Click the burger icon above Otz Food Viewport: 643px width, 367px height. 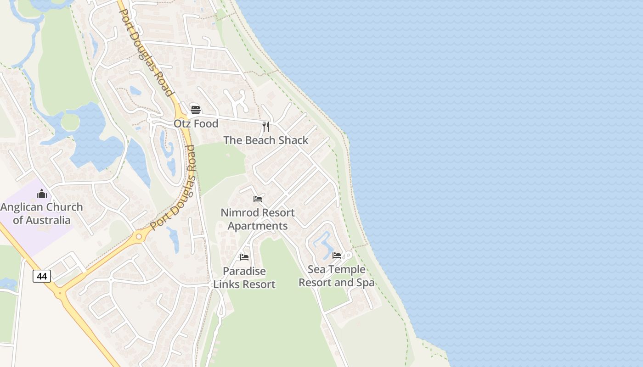click(x=196, y=110)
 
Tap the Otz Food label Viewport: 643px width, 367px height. click(x=196, y=124)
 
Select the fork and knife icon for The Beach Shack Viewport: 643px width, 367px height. click(x=265, y=126)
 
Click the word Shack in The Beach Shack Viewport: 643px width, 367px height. click(x=293, y=140)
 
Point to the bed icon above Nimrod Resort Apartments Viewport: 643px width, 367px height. click(x=258, y=199)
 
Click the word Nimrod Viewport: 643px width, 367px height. click(x=239, y=213)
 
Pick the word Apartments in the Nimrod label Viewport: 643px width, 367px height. click(x=258, y=226)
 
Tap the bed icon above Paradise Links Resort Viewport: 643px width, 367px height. click(x=244, y=257)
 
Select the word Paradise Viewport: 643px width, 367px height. click(x=244, y=271)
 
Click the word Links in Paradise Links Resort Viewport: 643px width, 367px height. click(x=226, y=284)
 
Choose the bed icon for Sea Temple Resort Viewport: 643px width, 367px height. click(x=337, y=256)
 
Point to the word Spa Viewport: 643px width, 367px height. click(x=366, y=283)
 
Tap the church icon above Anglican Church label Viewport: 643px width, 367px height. click(x=42, y=194)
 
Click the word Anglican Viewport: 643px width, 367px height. click(x=21, y=207)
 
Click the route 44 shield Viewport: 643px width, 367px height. click(x=42, y=276)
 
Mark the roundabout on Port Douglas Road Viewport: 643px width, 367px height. click(x=139, y=236)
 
